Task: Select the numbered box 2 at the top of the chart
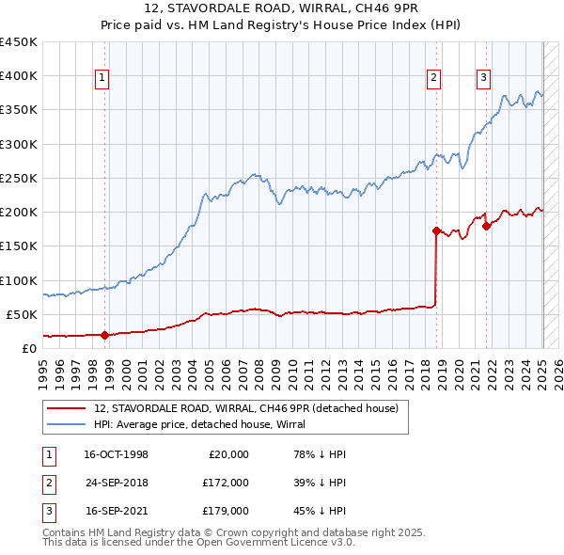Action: click(x=433, y=78)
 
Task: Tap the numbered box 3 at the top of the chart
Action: click(x=483, y=78)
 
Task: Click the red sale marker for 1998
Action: click(x=104, y=334)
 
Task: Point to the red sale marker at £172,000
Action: click(x=436, y=230)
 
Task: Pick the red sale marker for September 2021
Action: click(x=486, y=226)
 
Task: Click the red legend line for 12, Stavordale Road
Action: click(x=68, y=408)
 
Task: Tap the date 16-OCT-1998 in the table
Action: click(x=116, y=454)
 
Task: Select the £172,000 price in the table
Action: click(x=226, y=483)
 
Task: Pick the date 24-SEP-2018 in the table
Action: click(x=116, y=483)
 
